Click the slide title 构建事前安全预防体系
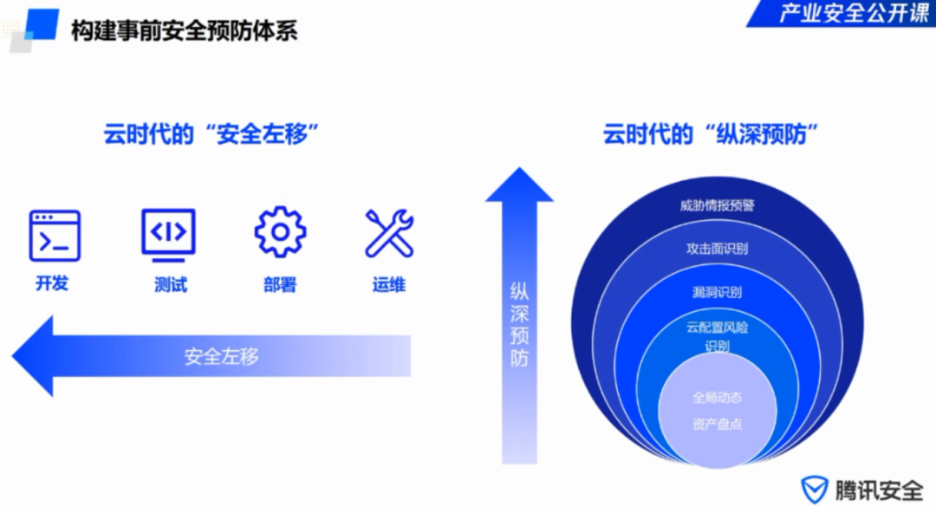184,30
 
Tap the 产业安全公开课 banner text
854,12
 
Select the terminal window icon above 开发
55,236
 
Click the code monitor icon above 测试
168,235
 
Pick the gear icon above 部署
280,232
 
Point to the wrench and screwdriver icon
389,233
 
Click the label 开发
52,282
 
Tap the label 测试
171,284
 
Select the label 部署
280,284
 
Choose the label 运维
389,284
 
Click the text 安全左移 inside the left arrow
222,356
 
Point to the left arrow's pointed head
13,356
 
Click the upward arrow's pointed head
519,169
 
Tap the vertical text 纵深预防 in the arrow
519,324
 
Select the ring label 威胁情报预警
717,205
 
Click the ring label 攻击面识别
717,248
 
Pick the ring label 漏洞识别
717,292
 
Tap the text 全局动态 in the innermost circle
717,398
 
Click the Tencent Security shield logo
814,490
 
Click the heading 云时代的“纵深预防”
711,134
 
